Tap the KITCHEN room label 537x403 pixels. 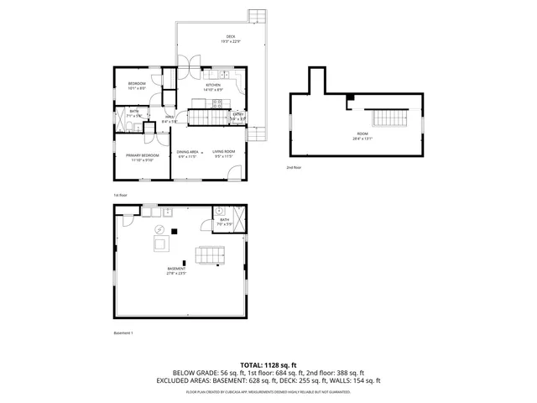coord(213,86)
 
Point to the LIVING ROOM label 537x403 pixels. coord(223,152)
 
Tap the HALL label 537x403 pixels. coord(169,118)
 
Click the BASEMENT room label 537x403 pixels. coord(175,270)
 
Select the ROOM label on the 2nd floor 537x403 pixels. coord(362,133)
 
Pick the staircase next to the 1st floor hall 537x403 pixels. coord(206,116)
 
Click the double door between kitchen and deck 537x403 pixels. coord(190,63)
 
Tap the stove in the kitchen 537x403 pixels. coord(216,104)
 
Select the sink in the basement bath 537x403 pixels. coord(221,212)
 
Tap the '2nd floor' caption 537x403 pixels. coord(294,168)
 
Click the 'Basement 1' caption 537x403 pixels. coord(123,333)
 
